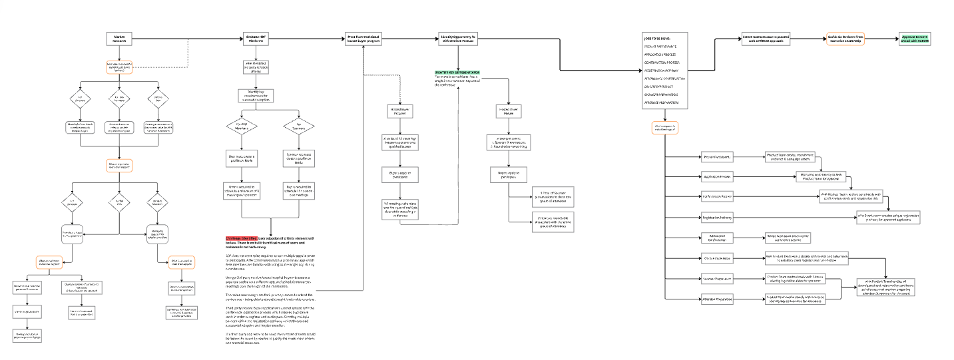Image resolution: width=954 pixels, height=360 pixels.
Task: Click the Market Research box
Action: tap(120, 39)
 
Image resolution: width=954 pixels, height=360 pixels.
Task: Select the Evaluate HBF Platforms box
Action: tap(257, 39)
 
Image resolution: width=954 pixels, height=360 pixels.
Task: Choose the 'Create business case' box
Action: tap(764, 39)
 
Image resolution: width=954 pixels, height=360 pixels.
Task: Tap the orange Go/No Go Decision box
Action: tap(845, 39)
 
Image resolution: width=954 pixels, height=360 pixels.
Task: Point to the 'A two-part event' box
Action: tap(508, 141)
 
